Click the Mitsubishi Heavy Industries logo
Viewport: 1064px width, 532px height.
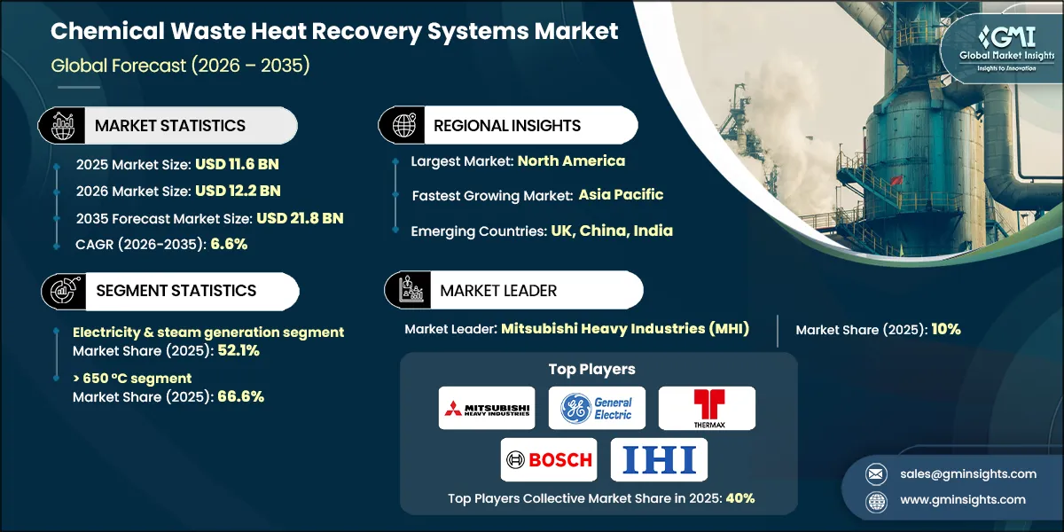tap(487, 408)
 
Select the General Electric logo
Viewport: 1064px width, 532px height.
tap(597, 408)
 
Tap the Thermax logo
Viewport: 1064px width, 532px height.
tap(707, 408)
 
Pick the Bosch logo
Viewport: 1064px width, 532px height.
tap(548, 459)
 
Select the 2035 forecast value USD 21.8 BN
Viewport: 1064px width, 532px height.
tap(300, 218)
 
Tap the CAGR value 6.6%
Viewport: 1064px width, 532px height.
tap(228, 245)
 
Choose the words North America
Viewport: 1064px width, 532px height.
tap(571, 160)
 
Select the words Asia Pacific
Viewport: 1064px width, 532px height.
tap(621, 194)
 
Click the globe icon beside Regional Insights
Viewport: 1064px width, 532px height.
tap(403, 125)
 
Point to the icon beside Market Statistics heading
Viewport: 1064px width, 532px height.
tap(64, 125)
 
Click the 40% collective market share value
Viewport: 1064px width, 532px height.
tap(740, 497)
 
